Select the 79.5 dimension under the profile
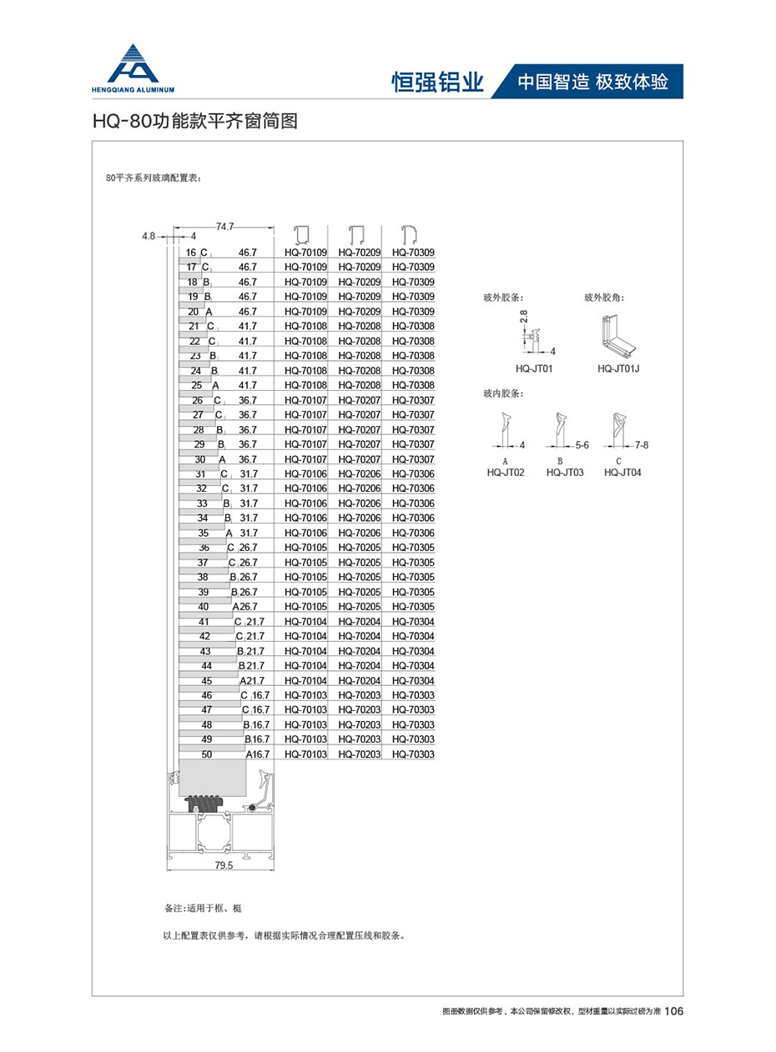click(224, 865)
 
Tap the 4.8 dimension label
click(149, 236)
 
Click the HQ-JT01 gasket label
click(535, 368)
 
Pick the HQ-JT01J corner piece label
click(617, 368)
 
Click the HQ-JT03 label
click(565, 472)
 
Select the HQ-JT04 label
click(622, 472)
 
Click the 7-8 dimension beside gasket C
click(642, 445)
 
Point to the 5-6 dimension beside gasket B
click(582, 445)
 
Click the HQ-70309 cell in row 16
click(413, 252)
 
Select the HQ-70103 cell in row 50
click(305, 754)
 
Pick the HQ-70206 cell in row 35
click(359, 533)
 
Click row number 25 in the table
click(197, 385)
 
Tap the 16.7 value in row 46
click(260, 694)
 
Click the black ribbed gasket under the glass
click(204, 804)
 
